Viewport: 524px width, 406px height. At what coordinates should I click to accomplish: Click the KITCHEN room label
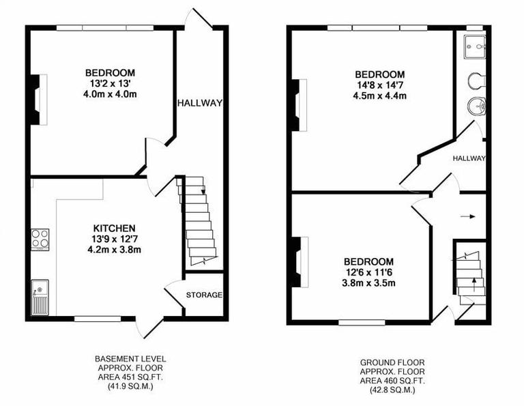(115, 228)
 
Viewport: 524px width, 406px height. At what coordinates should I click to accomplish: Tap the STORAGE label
(204, 295)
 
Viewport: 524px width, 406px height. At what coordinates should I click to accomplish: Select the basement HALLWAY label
(200, 104)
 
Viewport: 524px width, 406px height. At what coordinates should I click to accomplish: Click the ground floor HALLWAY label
(469, 158)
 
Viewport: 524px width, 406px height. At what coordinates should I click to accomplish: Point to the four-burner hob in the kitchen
(40, 238)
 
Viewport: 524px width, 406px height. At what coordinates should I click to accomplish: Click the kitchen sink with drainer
(40, 297)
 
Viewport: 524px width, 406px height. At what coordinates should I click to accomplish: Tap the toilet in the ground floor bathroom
(476, 81)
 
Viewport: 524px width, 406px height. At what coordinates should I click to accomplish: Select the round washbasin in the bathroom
(476, 106)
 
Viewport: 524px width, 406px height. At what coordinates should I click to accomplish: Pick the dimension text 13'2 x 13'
(109, 83)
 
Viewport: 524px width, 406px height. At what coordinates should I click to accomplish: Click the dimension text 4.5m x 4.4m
(379, 96)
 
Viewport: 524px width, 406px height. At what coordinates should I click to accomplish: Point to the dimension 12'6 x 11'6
(368, 272)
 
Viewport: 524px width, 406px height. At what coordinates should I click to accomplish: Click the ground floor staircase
(470, 273)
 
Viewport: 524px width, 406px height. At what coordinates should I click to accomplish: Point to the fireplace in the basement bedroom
(37, 99)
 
